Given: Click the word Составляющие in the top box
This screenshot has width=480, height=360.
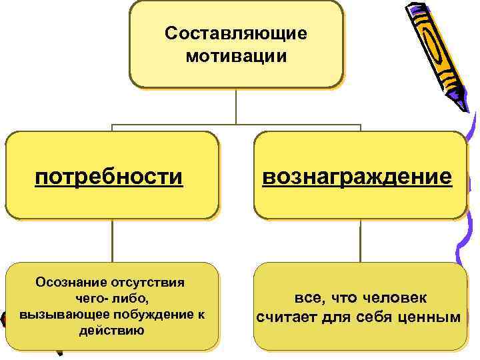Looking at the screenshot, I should point(236,33).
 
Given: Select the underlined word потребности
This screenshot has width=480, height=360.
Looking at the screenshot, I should point(109,177).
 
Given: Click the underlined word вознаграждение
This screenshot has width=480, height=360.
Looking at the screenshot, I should point(357,177).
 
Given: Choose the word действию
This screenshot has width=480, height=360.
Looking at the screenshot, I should point(111,330).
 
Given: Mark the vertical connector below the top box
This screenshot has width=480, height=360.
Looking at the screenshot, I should point(236,106).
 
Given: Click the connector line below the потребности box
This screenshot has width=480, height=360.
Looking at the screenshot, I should point(112,240).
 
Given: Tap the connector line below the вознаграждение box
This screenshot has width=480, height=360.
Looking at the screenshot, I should point(360,240).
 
